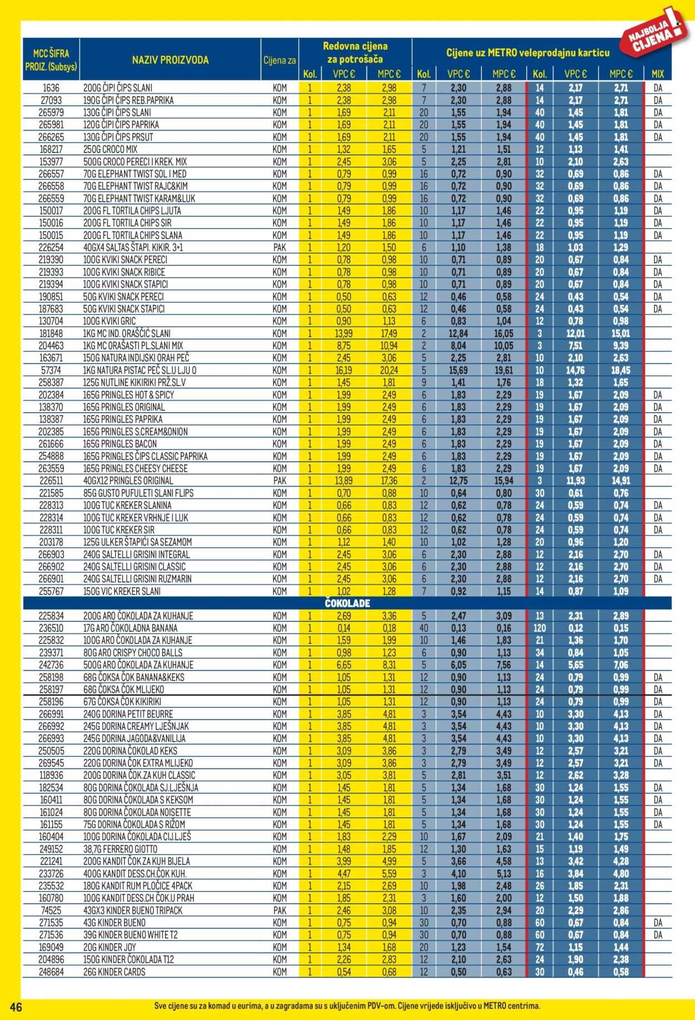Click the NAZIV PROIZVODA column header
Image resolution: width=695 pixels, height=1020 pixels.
point(170,60)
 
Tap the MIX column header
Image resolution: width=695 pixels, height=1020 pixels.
point(658,74)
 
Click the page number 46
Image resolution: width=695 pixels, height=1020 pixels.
point(16,1006)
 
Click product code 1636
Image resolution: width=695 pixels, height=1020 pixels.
point(51,88)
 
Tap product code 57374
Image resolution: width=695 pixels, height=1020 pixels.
point(51,370)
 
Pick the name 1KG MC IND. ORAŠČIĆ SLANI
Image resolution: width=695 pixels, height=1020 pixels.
point(127,333)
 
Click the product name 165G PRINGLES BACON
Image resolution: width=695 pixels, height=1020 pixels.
point(120,444)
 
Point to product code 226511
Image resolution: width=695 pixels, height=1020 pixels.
point(51,481)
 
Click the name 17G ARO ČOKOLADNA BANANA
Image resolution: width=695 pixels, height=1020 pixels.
point(130,628)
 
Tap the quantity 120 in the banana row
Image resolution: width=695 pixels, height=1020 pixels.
point(539,628)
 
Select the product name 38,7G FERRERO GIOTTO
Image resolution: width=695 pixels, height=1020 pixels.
point(121,849)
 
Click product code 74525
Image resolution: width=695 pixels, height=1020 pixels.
point(51,910)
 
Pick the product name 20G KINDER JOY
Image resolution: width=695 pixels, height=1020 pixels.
point(110,947)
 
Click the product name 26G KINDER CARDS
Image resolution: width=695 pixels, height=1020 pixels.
point(115,972)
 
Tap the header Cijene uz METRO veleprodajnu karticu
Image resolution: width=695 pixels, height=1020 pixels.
point(527,53)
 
